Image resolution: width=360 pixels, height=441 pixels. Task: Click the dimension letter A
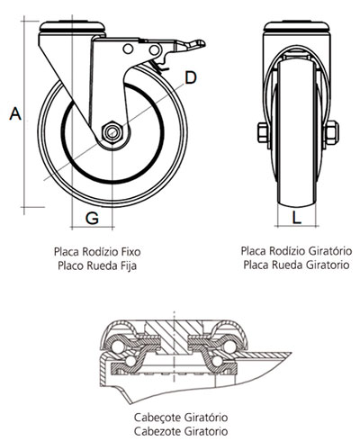click(x=15, y=113)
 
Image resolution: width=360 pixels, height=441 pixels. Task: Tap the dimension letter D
click(x=191, y=78)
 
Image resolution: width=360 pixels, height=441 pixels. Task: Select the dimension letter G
click(x=92, y=218)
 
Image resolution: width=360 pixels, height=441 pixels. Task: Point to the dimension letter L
click(x=297, y=217)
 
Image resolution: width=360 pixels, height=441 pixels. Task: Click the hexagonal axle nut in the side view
click(x=112, y=132)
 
